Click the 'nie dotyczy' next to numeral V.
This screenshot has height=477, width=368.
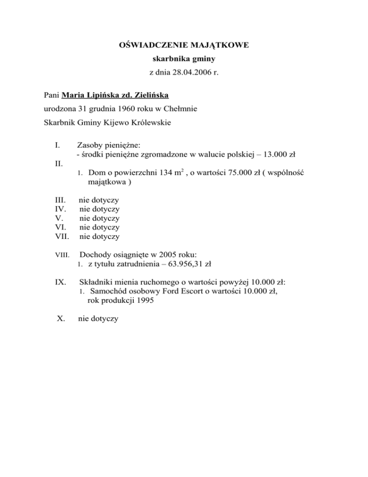[99, 218]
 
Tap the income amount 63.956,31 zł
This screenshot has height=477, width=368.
[189, 263]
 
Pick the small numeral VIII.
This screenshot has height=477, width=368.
[62, 255]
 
